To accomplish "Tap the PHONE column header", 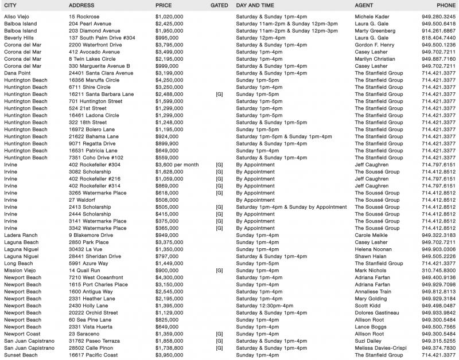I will point(445,5).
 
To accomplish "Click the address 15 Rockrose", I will point(83,16).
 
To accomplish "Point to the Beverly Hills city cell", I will point(20,37).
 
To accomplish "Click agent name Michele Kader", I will point(375,16).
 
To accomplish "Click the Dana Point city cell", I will point(18,73).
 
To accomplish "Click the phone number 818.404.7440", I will point(438,37).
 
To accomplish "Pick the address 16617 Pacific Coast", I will point(93,355).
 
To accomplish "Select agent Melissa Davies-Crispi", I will point(384,349).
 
